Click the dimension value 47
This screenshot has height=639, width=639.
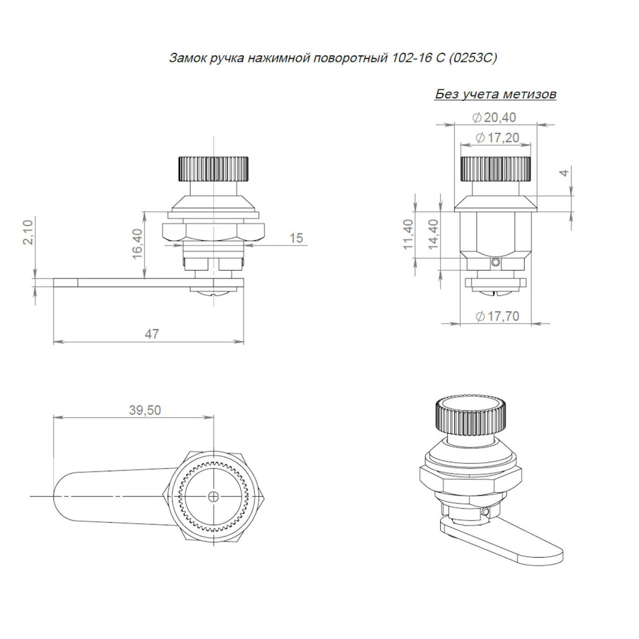[152, 334]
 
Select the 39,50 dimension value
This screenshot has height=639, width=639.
[145, 410]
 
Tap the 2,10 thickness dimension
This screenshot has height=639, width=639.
[28, 232]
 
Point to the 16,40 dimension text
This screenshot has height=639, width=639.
[136, 244]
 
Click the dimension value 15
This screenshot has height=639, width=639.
[296, 238]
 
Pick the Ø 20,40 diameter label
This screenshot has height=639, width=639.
[494, 117]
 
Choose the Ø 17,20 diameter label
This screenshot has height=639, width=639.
[497, 138]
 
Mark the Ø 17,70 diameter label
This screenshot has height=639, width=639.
[497, 316]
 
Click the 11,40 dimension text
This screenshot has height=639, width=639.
[408, 235]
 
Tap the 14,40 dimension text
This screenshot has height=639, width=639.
[433, 235]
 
